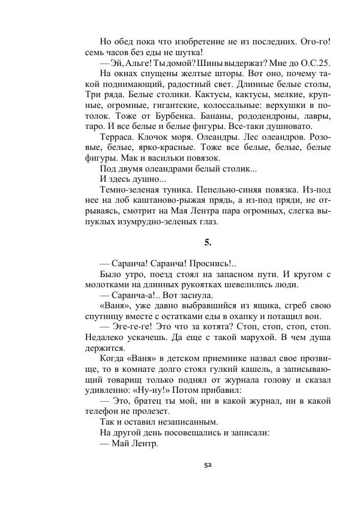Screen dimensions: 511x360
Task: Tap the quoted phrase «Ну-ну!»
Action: tap(158, 390)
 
